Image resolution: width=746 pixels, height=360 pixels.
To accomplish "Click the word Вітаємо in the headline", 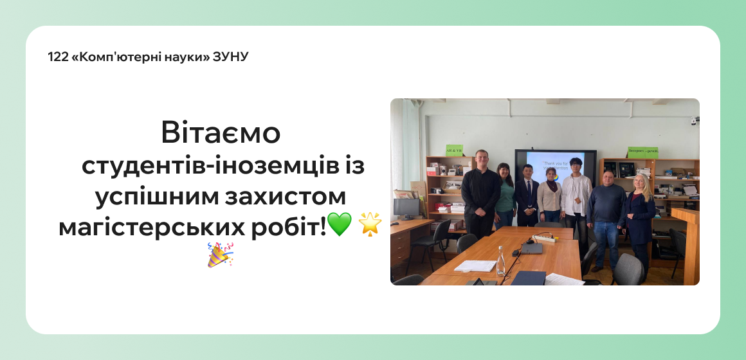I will (221, 133).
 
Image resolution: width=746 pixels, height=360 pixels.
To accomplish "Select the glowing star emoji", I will (370, 224).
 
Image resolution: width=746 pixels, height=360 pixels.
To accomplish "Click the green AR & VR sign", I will (455, 150).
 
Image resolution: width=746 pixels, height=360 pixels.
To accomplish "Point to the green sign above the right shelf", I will (642, 152).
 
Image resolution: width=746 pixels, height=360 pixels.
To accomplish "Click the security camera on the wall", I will (694, 120).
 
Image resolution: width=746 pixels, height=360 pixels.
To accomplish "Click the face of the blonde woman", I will (641, 182).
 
